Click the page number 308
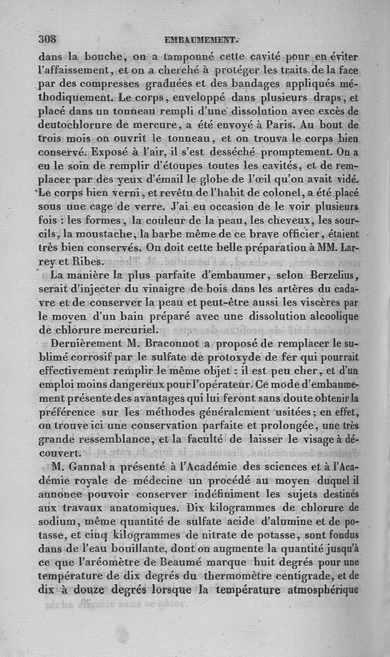click(x=49, y=39)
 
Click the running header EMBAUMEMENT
click(x=201, y=40)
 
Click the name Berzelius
click(x=331, y=276)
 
